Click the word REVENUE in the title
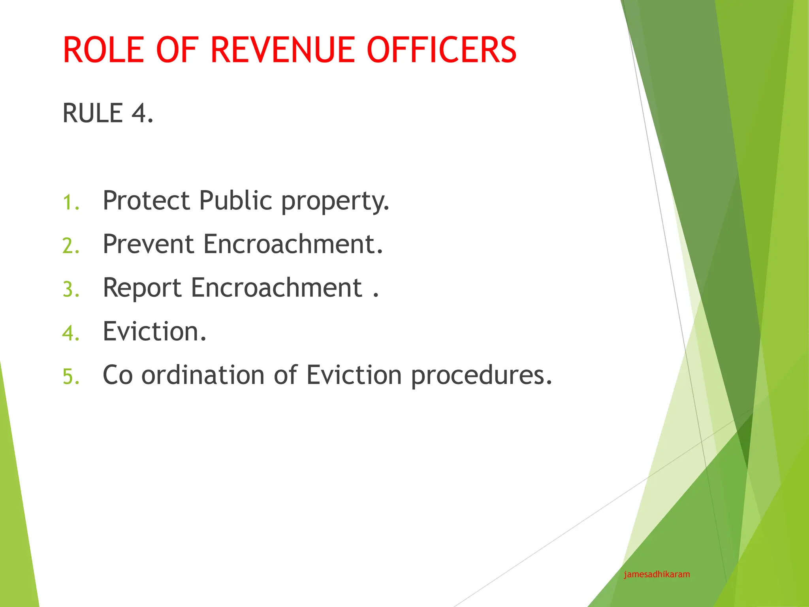[x=284, y=50]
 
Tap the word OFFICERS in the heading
[x=441, y=50]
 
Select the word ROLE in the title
[x=103, y=50]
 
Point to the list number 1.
[x=71, y=203]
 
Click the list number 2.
[x=71, y=246]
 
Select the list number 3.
[x=71, y=290]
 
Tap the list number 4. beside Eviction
[x=71, y=333]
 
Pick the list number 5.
[x=71, y=377]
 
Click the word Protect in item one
[x=147, y=200]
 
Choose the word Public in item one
[x=235, y=200]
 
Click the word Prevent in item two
[x=149, y=244]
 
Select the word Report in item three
[x=142, y=288]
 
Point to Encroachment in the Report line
[x=277, y=287]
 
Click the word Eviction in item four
[x=154, y=331]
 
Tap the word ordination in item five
[x=203, y=375]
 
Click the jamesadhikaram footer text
[x=657, y=575]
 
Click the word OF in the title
[x=177, y=50]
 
